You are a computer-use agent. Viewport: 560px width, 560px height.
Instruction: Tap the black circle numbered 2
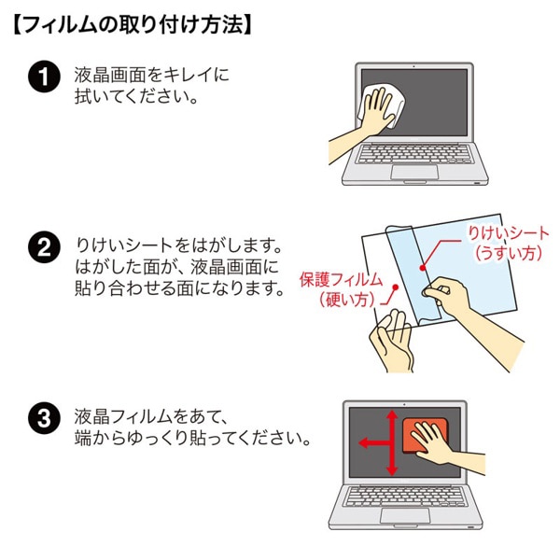[x=43, y=249]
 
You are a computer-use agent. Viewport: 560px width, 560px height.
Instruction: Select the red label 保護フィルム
[x=341, y=279]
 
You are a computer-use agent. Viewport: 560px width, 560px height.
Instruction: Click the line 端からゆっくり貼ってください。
[x=191, y=437]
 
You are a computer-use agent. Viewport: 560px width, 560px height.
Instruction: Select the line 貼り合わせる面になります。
[x=177, y=287]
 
